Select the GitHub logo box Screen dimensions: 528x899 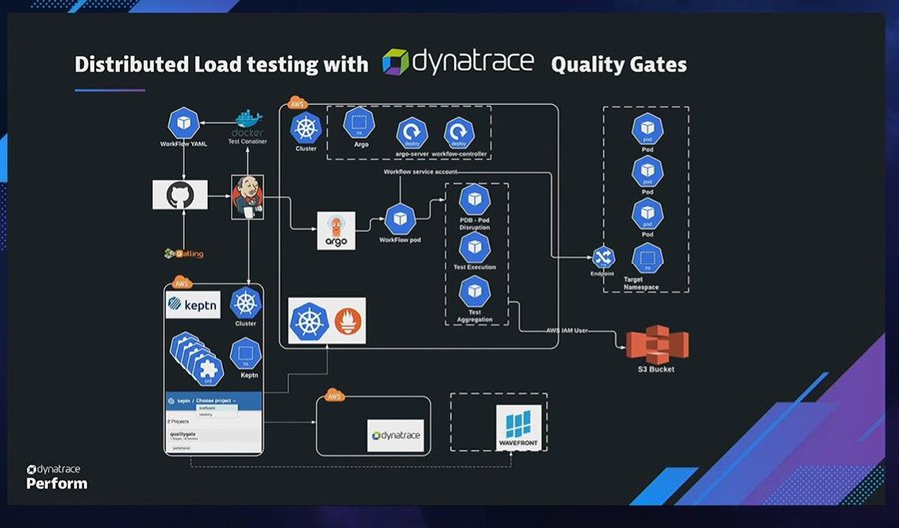coord(180,194)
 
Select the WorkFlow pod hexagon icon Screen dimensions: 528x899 coord(399,217)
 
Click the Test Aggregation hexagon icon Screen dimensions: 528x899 coord(474,291)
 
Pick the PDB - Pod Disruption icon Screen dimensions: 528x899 coord(474,199)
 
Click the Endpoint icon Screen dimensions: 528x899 coord(603,257)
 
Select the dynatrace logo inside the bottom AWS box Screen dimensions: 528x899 coord(395,436)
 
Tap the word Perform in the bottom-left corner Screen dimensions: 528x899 coord(56,483)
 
